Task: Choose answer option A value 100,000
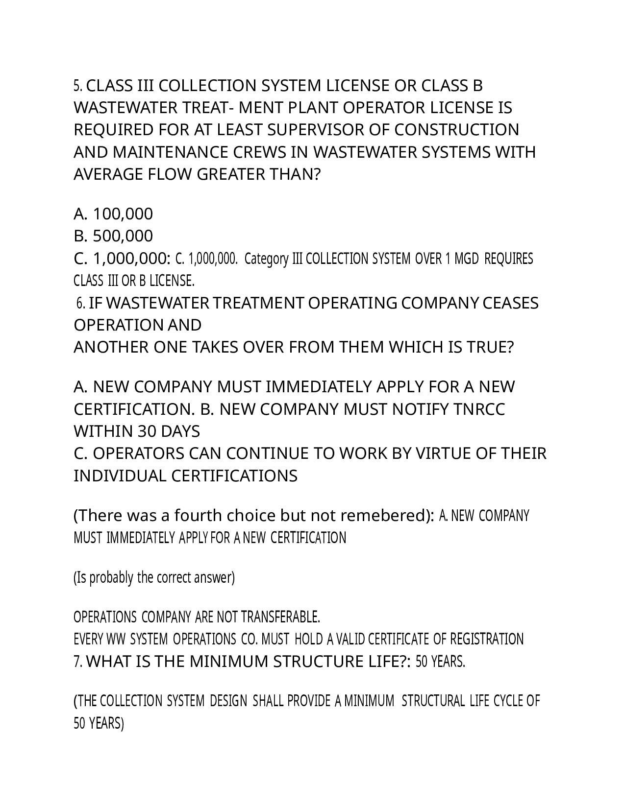123,214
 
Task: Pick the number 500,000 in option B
123,236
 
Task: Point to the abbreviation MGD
466,259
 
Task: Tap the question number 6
81,304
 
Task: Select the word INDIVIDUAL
120,476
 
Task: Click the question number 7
78,662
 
